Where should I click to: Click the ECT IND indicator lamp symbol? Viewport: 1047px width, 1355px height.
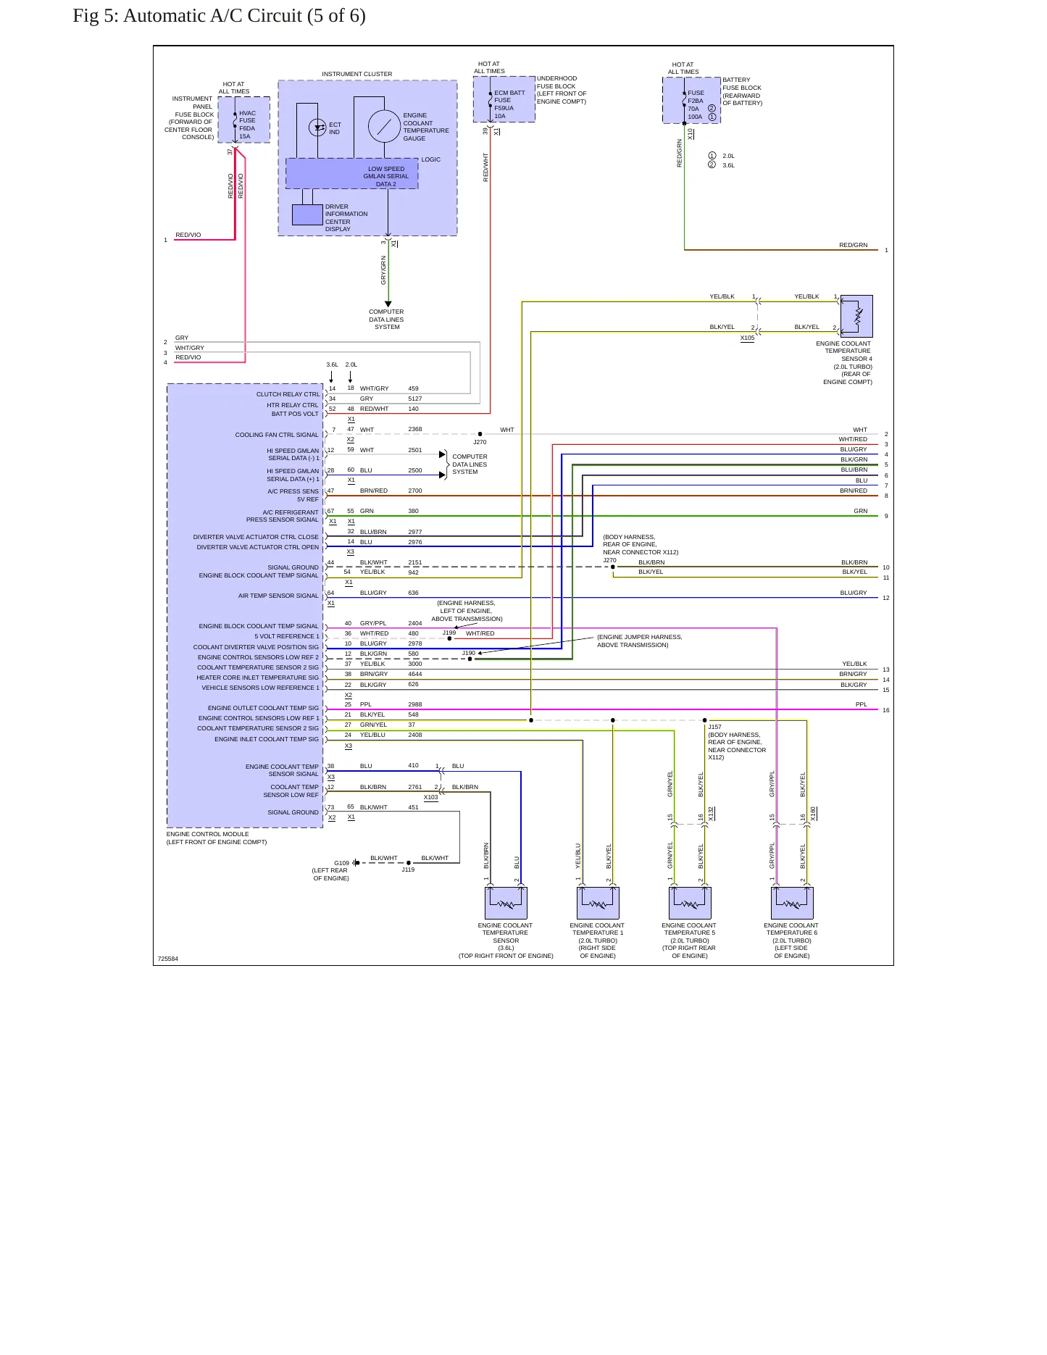tap(317, 128)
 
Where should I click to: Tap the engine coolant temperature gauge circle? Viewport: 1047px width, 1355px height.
tap(384, 127)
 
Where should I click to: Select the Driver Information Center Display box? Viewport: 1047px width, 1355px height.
tap(307, 215)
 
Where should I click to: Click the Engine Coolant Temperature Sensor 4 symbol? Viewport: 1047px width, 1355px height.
tap(856, 316)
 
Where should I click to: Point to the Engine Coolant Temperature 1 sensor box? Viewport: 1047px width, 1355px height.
tap(598, 903)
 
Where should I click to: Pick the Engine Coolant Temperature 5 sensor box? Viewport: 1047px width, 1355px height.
tap(690, 903)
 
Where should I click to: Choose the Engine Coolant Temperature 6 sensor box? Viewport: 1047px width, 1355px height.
tap(792, 903)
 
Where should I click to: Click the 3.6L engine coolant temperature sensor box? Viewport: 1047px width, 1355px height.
tap(506, 903)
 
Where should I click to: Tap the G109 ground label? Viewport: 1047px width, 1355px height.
tap(341, 863)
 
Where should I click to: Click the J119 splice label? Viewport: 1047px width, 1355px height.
tap(409, 870)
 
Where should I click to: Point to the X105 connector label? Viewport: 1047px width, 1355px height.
tap(747, 338)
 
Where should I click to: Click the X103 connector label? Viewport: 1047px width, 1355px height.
tap(430, 797)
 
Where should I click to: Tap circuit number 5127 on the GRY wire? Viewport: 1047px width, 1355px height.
tap(414, 399)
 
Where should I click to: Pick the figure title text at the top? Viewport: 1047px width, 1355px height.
tap(219, 16)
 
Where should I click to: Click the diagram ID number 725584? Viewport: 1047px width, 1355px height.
tap(167, 959)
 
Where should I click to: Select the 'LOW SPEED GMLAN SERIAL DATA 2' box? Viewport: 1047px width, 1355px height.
tap(352, 174)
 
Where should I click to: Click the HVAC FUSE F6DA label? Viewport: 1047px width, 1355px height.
tap(247, 125)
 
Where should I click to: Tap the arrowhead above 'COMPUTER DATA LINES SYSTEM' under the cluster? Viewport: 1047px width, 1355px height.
tap(388, 304)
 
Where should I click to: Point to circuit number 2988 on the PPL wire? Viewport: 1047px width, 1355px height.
tap(414, 704)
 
